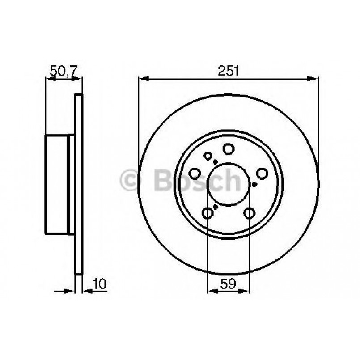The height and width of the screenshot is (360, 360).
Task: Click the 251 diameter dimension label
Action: tap(229, 71)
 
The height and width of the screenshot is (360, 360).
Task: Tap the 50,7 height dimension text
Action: tap(64, 71)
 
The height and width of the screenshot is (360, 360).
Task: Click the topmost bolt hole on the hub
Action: tap(229, 148)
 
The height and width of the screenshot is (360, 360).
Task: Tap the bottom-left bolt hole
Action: tap(208, 213)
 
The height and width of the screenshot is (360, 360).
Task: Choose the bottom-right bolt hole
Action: tap(249, 213)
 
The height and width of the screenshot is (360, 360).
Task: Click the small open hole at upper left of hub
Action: tap(208, 156)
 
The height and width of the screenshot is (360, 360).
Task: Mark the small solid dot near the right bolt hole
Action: tap(254, 184)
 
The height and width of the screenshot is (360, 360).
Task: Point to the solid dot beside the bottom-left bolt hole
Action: tap(216, 207)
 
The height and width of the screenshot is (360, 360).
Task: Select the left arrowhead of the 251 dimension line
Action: tap(142, 79)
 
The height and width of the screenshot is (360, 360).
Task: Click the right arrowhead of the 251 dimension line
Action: tap(315, 79)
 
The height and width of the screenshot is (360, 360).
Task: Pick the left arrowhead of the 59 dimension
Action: tap(211, 291)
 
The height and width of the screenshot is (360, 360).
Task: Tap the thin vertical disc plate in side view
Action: tap(78, 183)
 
